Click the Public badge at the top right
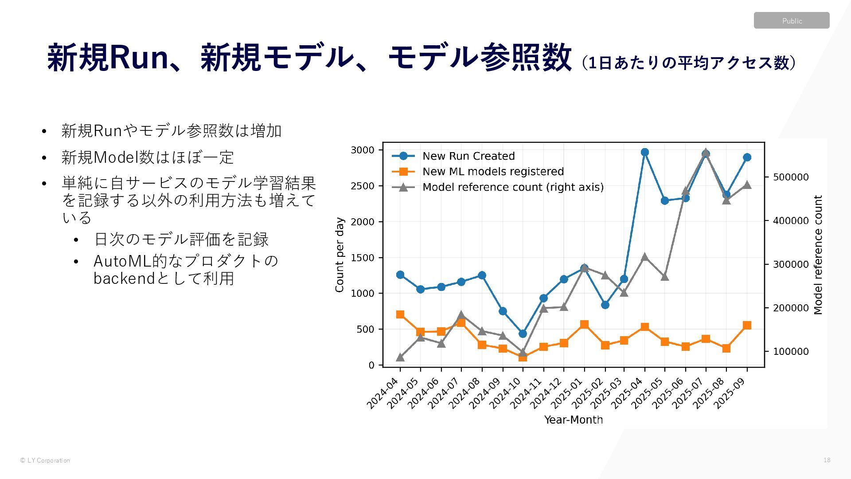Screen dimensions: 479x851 click(791, 21)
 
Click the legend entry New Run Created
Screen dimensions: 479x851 click(468, 156)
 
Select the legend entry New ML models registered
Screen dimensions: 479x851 click(493, 172)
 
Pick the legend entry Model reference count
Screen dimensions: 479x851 click(513, 187)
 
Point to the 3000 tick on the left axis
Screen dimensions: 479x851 click(363, 150)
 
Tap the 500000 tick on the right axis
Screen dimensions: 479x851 click(791, 177)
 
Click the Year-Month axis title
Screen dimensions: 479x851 click(573, 420)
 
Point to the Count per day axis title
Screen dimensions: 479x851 click(340, 255)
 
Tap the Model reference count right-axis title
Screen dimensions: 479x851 click(818, 255)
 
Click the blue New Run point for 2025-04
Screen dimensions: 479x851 click(644, 152)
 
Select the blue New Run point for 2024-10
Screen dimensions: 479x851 click(523, 334)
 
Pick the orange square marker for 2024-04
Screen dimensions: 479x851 click(400, 314)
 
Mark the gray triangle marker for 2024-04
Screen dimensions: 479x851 click(400, 357)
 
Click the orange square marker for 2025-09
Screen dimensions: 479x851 click(747, 325)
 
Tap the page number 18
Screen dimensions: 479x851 click(827, 460)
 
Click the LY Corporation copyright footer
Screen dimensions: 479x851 click(45, 460)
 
